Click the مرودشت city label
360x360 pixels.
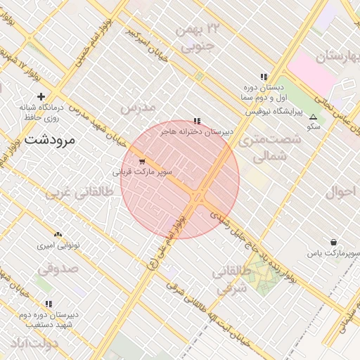[x=49, y=140]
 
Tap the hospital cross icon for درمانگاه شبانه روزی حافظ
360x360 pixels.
[x=41, y=96]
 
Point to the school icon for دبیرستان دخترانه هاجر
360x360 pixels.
[x=197, y=121]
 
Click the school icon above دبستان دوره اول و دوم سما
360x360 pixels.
[x=264, y=77]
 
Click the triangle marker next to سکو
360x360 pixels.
[x=313, y=117]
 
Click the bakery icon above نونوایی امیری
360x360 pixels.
[x=58, y=235]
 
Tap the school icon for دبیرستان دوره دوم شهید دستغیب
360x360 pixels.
[x=49, y=304]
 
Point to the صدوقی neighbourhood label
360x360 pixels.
[x=56, y=268]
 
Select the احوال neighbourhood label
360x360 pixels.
[x=341, y=191]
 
